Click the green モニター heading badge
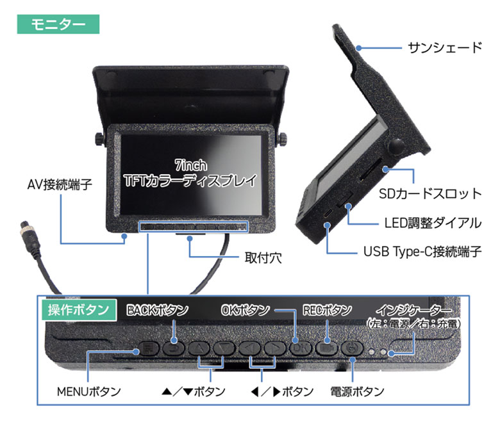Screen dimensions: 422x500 click(58, 24)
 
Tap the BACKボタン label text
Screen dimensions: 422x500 click(157, 311)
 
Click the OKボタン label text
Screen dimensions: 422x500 click(246, 311)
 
